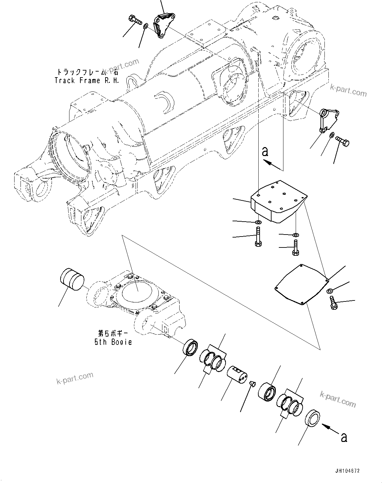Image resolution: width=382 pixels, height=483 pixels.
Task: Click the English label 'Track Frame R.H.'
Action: pos(86,80)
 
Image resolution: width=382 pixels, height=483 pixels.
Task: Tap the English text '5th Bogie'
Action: pos(112,342)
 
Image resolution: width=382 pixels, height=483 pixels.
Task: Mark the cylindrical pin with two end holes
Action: pos(238,375)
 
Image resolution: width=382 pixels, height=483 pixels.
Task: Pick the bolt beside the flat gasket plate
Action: pos(333,302)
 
